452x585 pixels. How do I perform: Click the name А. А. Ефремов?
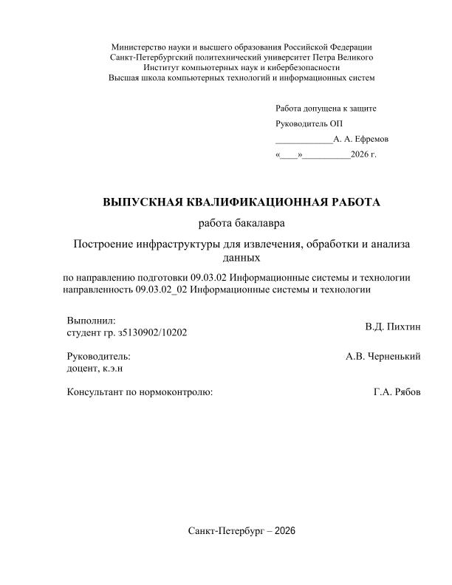click(x=360, y=139)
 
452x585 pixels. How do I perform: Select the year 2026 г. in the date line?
click(x=364, y=154)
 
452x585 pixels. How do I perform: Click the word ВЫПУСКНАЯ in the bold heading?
click(x=144, y=202)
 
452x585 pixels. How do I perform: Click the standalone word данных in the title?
click(x=242, y=259)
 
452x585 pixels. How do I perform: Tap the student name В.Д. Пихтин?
click(x=393, y=326)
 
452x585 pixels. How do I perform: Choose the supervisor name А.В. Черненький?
click(x=383, y=356)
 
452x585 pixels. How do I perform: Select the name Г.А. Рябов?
click(x=397, y=392)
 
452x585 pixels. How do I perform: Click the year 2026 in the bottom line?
click(x=284, y=531)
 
